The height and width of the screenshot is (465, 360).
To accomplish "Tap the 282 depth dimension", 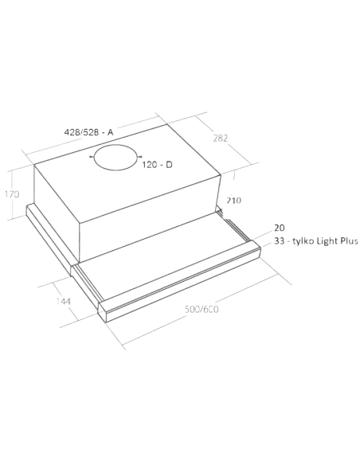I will [x=222, y=141].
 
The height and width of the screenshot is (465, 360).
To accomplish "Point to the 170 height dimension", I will [x=10, y=194].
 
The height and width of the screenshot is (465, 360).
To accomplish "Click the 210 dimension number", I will [x=233, y=200].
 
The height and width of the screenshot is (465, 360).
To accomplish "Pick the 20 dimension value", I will [x=279, y=227].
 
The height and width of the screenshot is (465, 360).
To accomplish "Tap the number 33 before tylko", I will [x=279, y=240].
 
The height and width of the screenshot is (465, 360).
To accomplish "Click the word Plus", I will [x=352, y=240].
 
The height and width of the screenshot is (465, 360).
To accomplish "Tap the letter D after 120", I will [x=170, y=164].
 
